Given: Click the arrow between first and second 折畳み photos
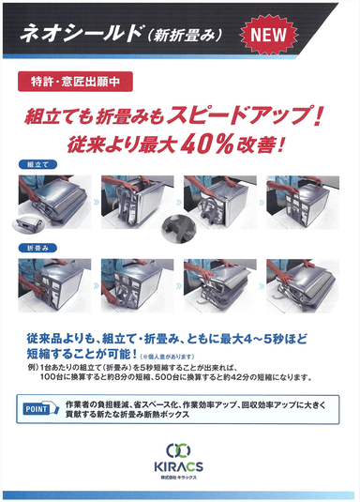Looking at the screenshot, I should tap(97, 283).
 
